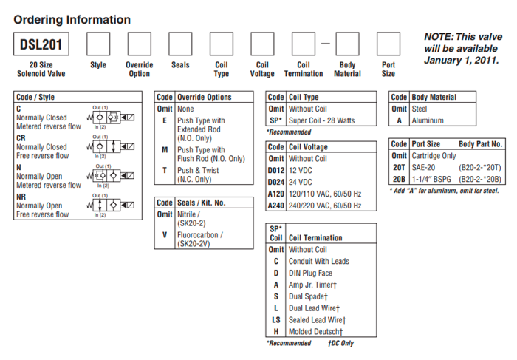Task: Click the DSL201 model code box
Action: tap(42, 46)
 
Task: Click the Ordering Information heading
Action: tap(72, 20)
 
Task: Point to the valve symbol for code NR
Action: tap(112, 205)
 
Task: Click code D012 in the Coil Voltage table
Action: tap(275, 170)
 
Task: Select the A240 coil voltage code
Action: tap(275, 205)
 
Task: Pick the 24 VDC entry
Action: tap(302, 182)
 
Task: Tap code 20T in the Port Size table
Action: tap(398, 168)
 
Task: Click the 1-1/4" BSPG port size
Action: tap(433, 179)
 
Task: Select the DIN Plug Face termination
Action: tap(310, 273)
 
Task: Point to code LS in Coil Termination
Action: tap(275, 319)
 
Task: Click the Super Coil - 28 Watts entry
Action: tap(323, 120)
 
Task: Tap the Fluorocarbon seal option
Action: tap(200, 235)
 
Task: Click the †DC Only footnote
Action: tap(341, 343)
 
